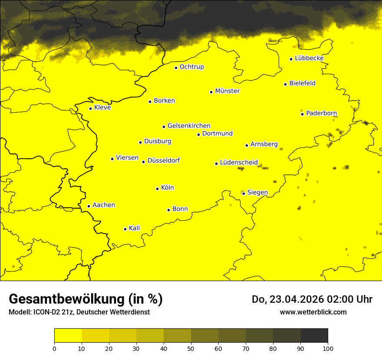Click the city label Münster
pos(227,91)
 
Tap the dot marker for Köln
pos(157,189)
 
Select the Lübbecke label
pos(309,58)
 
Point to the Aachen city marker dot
pos(89,206)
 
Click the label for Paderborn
pos(321,113)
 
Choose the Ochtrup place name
pos(191,67)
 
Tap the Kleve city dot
pos(90,108)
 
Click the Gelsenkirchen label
pos(189,126)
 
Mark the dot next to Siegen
pos(244,193)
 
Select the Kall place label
pos(134,228)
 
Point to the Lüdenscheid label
pos(239,163)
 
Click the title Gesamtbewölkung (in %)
pos(86,299)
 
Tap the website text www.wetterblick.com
pos(313,312)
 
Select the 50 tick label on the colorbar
pos(191,348)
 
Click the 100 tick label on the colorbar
pos(328,348)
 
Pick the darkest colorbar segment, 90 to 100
pos(314,336)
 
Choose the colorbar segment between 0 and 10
pos(68,336)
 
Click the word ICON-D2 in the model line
pos(45,312)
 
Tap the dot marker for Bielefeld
pos(285,84)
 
